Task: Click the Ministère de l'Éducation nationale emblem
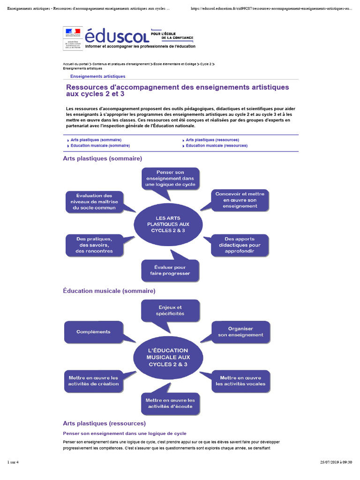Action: click(x=72, y=37)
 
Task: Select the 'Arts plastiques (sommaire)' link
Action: click(x=96, y=140)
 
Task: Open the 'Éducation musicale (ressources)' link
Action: click(x=217, y=145)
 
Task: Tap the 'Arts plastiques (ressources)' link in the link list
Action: click(x=212, y=140)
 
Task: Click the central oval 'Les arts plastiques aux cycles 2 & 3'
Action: click(x=168, y=224)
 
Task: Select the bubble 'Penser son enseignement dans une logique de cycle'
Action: click(x=170, y=178)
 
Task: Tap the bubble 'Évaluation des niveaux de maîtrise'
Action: click(x=94, y=202)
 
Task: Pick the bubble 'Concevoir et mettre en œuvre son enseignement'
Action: click(x=240, y=200)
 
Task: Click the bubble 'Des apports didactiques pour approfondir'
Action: click(x=240, y=245)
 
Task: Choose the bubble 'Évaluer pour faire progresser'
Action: click(x=170, y=270)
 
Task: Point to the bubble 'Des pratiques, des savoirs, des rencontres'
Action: click(x=94, y=245)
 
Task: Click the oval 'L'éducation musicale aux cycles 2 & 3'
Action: click(x=168, y=357)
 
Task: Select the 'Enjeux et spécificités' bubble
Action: click(x=170, y=310)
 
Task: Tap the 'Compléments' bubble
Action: click(x=94, y=332)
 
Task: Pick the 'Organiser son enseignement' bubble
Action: click(x=240, y=332)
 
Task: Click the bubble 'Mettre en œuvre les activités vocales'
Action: click(x=240, y=381)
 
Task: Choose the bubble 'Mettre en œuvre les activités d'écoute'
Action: click(x=170, y=403)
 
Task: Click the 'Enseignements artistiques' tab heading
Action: click(x=97, y=76)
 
